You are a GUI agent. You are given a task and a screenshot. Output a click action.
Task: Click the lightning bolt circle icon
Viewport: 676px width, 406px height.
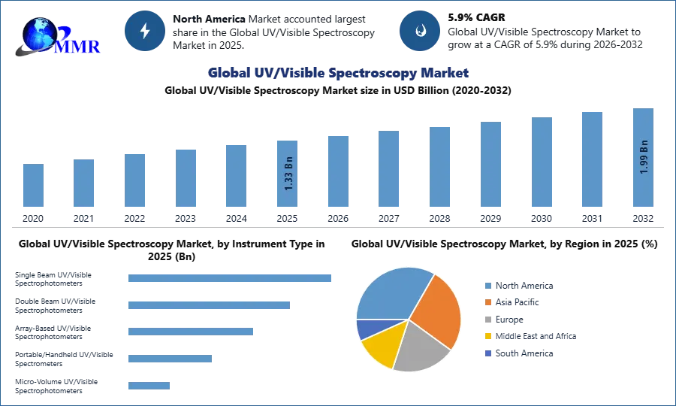pos(145,31)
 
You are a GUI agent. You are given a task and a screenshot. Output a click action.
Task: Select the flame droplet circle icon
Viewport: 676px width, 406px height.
pos(420,31)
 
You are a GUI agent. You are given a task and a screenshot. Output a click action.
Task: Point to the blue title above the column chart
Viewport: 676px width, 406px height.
pos(336,73)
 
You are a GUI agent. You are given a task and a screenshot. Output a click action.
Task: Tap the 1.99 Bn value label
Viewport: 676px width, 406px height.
pos(644,157)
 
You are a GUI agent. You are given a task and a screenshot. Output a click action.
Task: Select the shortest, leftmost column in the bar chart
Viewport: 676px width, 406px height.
pos(33,186)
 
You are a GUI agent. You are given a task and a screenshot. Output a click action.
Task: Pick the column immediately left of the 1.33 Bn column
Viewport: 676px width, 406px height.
pos(234,177)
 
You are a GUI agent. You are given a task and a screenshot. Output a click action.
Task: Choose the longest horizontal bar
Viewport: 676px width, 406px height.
pos(231,277)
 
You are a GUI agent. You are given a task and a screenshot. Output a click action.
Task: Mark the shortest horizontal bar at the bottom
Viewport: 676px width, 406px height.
pos(149,385)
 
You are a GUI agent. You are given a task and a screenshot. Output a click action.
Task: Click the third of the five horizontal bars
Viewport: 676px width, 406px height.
pos(192,331)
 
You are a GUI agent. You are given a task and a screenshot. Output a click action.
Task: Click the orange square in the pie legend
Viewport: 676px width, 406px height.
pos(487,302)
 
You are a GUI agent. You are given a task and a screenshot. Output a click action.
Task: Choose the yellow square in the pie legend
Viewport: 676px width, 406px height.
pos(487,336)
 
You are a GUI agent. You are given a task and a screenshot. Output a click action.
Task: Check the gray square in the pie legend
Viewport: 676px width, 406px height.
pos(487,320)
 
